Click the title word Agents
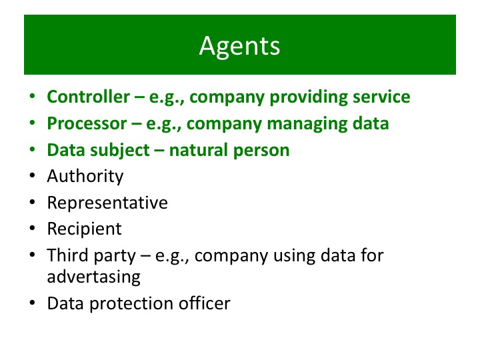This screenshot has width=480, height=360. pos(239,47)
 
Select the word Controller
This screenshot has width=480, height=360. pos(88,97)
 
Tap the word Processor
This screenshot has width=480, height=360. pos(87,123)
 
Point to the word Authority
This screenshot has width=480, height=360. pos(85,176)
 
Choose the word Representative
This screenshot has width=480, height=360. pos(107,203)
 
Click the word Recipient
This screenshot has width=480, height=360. pos(84,229)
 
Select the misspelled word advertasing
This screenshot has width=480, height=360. pos(94,277)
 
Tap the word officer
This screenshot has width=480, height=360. pos(204,303)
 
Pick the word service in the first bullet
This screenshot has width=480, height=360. pos(381,97)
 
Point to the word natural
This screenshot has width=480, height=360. pos(199,150)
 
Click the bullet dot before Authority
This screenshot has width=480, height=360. pos(32,176)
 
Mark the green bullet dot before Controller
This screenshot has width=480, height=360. pos(32,97)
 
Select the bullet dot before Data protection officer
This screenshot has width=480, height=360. pos(32,303)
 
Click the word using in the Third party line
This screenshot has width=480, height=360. pos(294,256)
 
